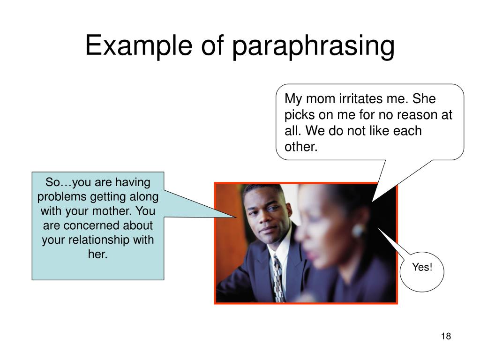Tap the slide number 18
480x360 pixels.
[446, 337]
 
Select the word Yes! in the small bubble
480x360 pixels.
[421, 267]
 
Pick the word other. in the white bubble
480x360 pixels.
[301, 147]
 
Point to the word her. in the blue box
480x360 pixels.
[98, 255]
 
